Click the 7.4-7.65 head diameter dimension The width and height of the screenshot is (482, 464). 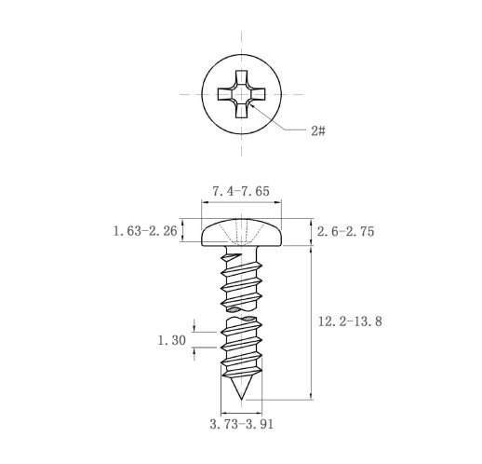(x=241, y=191)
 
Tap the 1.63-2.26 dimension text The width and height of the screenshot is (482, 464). (x=145, y=231)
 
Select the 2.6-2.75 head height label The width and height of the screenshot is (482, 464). (x=345, y=232)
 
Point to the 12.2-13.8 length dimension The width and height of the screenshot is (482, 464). (x=350, y=321)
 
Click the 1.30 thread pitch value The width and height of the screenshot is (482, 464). (x=172, y=340)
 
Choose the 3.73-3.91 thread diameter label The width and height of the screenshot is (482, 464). (x=242, y=424)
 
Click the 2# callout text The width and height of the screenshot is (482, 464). (x=318, y=131)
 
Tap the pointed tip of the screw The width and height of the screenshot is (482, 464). (x=241, y=399)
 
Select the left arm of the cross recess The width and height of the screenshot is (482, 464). (x=224, y=94)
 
